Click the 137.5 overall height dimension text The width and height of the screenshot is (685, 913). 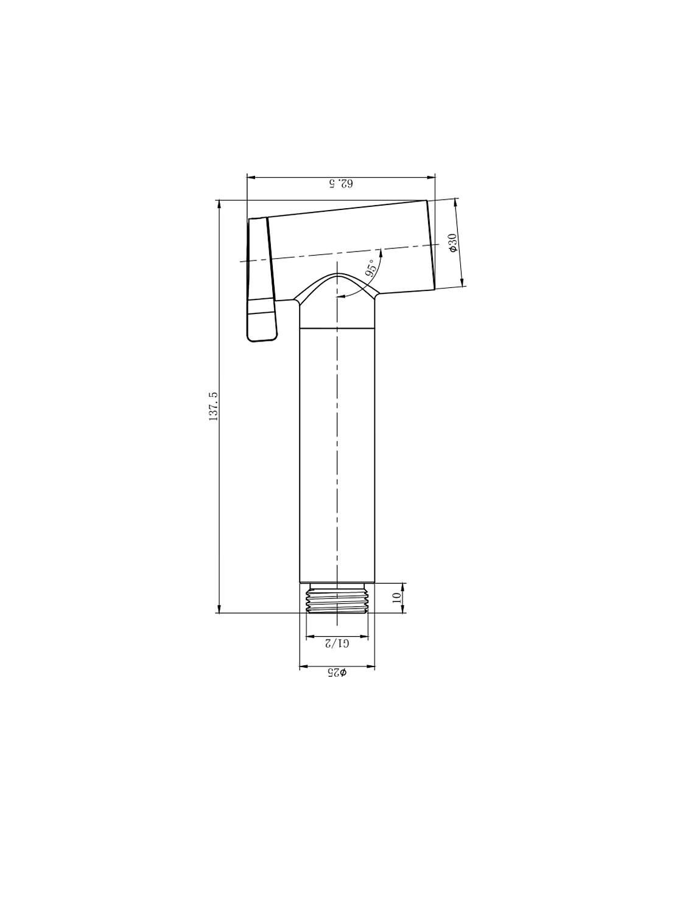click(x=214, y=407)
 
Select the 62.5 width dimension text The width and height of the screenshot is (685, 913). click(x=340, y=183)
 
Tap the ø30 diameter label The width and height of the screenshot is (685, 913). click(x=452, y=242)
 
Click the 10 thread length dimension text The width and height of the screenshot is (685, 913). click(x=397, y=598)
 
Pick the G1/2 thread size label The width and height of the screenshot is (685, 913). click(x=337, y=643)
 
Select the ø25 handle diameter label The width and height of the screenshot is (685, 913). click(x=337, y=673)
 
